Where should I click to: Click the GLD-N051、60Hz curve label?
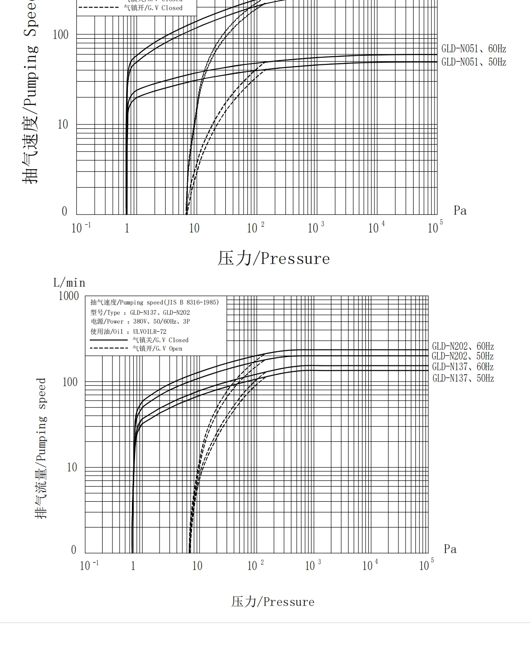tap(474, 49)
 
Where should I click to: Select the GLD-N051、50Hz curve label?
tap(474, 62)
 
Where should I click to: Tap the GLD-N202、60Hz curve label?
tap(462, 346)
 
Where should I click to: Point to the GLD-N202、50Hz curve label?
tap(462, 356)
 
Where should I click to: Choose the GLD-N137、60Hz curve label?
tap(462, 367)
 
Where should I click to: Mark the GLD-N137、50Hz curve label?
tap(463, 378)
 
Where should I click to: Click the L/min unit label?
tap(69, 283)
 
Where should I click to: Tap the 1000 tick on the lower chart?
tap(69, 296)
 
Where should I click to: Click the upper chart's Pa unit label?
tap(460, 210)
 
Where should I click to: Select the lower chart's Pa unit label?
tap(450, 549)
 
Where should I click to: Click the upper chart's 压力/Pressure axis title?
tap(274, 258)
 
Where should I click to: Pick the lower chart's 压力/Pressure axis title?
tap(273, 602)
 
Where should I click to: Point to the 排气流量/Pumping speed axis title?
tap(41, 448)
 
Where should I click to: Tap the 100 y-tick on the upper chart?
tap(61, 35)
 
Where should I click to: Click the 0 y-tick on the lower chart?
tap(74, 550)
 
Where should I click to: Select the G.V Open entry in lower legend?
tap(157, 349)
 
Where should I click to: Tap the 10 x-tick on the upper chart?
tap(194, 228)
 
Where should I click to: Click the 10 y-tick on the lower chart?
tap(72, 467)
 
